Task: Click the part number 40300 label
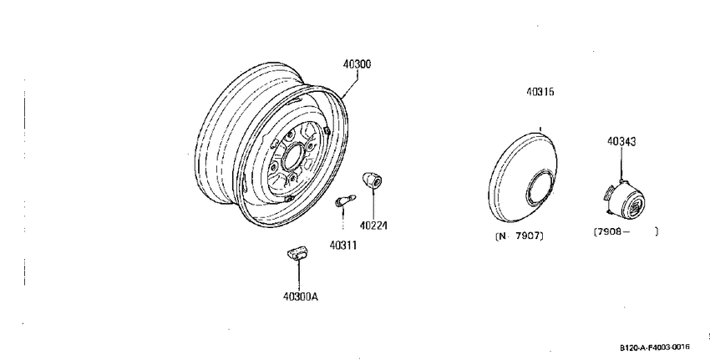coord(357,64)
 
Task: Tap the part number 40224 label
coord(373,226)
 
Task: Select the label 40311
coord(343,246)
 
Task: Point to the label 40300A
coord(301,297)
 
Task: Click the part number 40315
coord(540,92)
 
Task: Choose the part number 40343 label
coord(621,142)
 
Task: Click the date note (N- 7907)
coord(520,236)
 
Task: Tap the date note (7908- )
coord(626,231)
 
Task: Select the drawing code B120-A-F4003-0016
coord(655,347)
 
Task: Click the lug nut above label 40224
coord(373,180)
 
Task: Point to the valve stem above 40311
coord(346,200)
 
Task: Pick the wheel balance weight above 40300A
coord(297,253)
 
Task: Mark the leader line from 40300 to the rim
coord(350,84)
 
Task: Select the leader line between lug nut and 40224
coord(373,204)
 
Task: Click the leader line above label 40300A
coord(299,276)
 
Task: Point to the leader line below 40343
coord(621,164)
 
